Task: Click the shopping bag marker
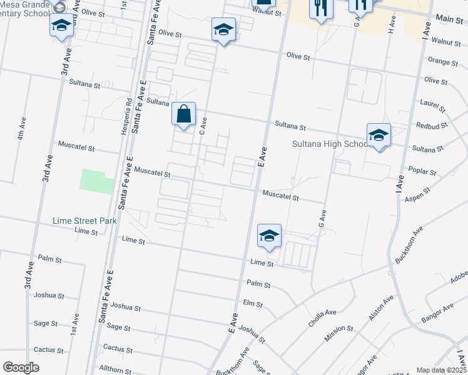point(183,116)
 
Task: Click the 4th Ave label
point(21,129)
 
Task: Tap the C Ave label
point(202,127)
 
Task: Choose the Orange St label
point(442,61)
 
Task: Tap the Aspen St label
point(419,194)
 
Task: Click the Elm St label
point(252,304)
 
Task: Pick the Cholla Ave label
point(322,319)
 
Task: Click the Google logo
point(21,367)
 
